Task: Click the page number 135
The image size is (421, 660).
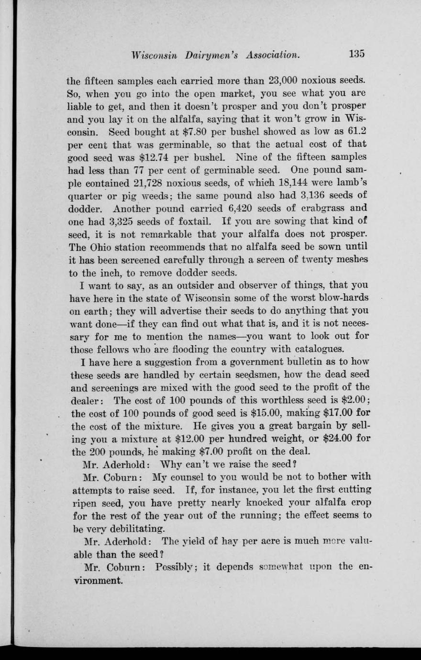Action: point(356,54)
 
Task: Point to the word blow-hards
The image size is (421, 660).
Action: point(344,297)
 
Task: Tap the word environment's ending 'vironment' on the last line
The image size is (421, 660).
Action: point(98,581)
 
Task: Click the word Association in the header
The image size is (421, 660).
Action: point(273,55)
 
